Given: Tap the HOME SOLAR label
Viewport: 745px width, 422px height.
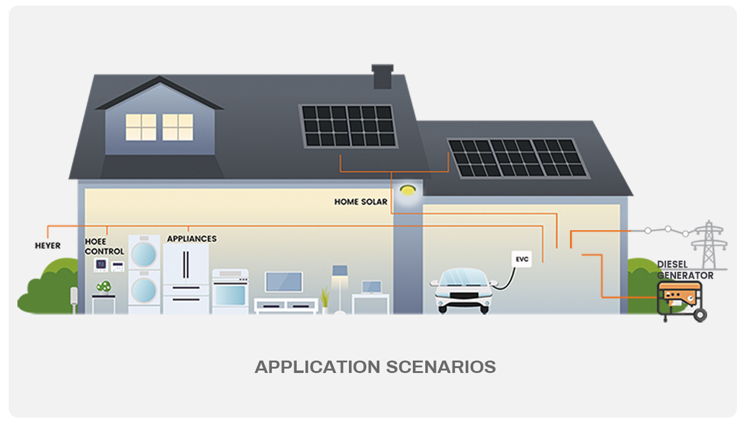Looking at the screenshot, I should click(x=361, y=202).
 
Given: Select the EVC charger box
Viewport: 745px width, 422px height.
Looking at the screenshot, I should click(x=522, y=259).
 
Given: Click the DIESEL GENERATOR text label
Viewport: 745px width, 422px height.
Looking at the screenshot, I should click(x=685, y=270).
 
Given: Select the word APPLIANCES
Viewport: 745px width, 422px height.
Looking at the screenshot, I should click(x=192, y=238).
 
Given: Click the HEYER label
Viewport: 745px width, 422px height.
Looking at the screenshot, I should click(x=48, y=246).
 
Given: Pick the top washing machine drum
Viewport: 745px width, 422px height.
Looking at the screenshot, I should click(x=145, y=253).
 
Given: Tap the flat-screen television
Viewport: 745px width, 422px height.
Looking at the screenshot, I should click(x=284, y=282).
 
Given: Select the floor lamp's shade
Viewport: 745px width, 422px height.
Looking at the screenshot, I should click(x=340, y=271).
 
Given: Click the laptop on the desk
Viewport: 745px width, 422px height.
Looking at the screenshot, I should click(x=372, y=287).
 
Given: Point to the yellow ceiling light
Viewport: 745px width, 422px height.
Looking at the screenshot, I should click(x=407, y=189).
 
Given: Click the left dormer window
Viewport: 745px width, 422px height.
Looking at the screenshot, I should click(x=141, y=127).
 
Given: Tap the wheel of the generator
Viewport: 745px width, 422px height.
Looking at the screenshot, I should click(x=700, y=315).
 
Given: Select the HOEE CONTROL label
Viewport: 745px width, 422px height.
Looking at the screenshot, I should click(x=104, y=247).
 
